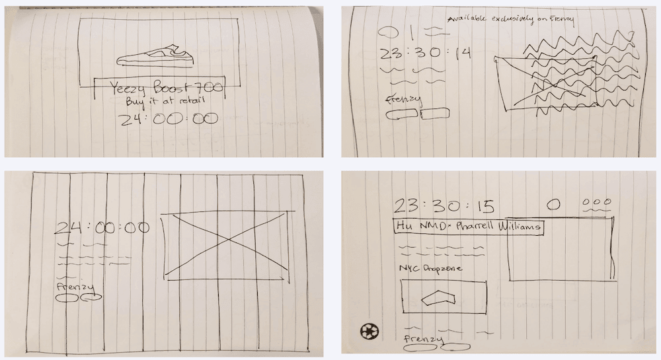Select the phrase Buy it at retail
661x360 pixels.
[x=157, y=102]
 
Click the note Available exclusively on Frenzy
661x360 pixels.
[x=510, y=20]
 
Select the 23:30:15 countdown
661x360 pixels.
[x=444, y=206]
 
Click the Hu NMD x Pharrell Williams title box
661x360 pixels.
[x=468, y=226]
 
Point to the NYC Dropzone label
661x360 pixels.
[x=430, y=269]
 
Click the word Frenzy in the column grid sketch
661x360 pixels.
[x=73, y=287]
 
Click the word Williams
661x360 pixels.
[x=520, y=227]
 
